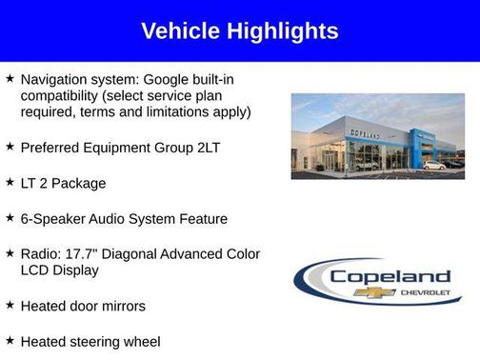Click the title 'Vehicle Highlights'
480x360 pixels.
[239, 30]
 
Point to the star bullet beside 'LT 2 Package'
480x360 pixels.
[10, 181]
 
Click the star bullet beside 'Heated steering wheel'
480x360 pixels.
[10, 339]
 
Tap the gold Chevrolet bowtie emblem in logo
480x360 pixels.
[374, 291]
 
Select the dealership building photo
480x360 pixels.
[377, 135]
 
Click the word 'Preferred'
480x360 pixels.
[52, 148]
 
